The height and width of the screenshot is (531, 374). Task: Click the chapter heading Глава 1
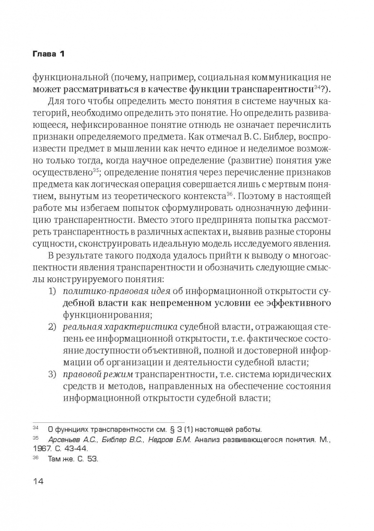(x=48, y=53)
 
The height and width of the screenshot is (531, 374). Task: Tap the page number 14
(x=38, y=481)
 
